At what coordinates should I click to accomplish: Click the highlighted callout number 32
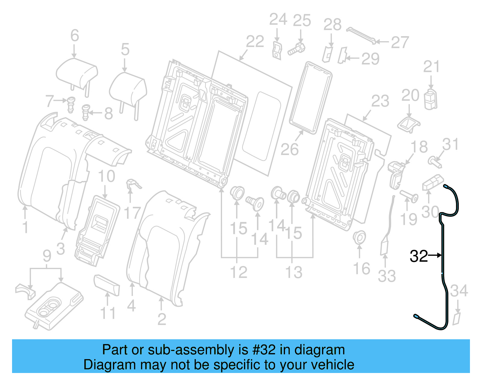coord(418,256)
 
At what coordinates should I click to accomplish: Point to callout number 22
coord(255,42)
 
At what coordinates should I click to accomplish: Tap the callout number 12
coord(239,272)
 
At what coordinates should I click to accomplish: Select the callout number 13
coord(294,272)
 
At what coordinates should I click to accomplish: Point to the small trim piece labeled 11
coord(107,284)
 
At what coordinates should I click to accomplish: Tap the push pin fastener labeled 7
coord(71,104)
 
